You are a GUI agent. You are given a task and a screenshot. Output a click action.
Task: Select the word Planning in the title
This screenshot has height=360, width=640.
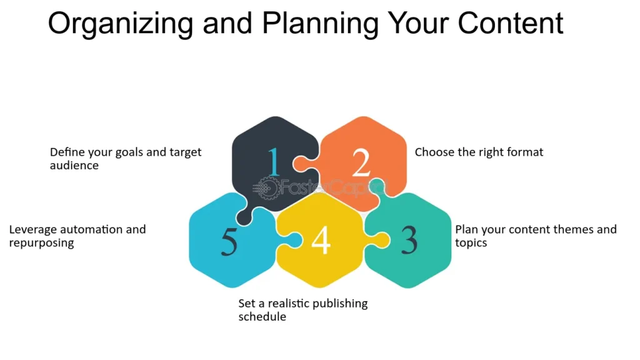click(321, 24)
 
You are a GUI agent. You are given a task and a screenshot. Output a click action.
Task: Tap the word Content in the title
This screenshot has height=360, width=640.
click(511, 23)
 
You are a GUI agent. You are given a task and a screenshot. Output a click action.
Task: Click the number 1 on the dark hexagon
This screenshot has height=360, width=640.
click(274, 162)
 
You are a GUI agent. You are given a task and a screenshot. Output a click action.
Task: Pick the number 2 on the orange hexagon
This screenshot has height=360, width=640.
click(361, 162)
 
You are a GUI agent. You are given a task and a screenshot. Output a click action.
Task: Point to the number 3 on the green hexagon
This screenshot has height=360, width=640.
click(409, 240)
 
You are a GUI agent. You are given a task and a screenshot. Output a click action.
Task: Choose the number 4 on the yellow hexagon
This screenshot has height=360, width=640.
click(321, 240)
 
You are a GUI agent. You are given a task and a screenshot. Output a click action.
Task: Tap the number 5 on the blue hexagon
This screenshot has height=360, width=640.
click(229, 241)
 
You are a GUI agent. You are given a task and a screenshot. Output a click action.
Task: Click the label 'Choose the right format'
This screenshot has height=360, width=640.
click(479, 152)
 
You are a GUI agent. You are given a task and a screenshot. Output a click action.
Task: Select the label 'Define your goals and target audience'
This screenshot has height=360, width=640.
click(126, 159)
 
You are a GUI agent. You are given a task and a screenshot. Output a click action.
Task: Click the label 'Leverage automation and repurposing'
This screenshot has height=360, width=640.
click(77, 236)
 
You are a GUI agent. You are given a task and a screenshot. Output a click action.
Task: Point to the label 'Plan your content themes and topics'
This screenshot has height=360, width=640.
click(536, 236)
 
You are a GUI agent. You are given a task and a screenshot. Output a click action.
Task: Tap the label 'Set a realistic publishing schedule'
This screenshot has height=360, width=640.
click(303, 310)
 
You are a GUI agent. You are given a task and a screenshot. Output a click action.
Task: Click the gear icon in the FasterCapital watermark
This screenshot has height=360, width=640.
click(267, 189)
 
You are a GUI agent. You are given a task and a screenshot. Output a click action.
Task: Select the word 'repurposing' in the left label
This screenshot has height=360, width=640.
click(42, 243)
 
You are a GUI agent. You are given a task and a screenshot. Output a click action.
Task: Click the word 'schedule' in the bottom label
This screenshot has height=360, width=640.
click(262, 316)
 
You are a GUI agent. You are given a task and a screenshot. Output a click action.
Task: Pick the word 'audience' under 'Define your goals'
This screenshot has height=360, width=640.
click(74, 165)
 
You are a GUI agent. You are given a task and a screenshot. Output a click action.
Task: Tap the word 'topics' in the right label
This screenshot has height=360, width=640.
click(471, 243)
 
